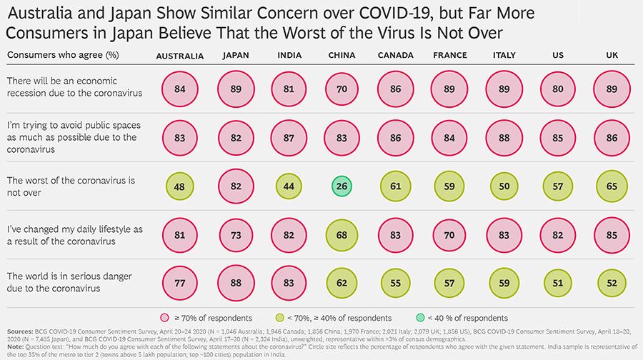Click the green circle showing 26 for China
pos(342,186)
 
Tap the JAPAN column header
pos(236,56)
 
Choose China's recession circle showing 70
pos(342,89)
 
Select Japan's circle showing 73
pos(236,236)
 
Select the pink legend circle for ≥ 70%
pos(165,318)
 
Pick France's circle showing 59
pos(450,186)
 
